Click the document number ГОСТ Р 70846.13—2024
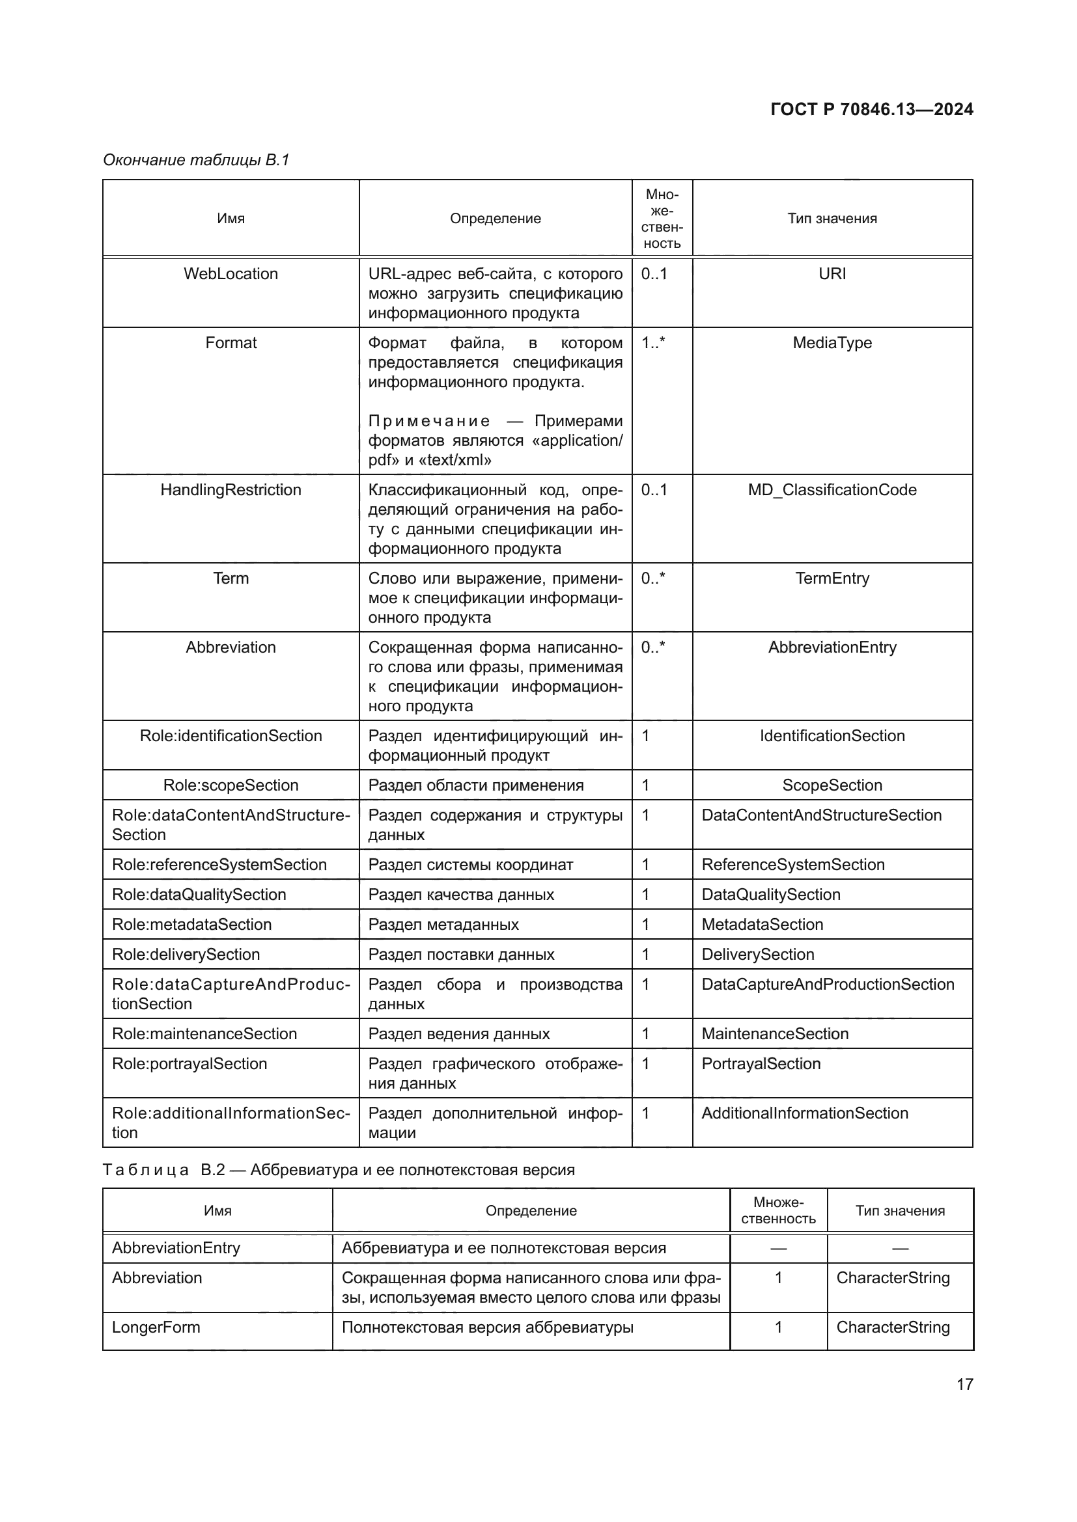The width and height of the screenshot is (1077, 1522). (x=871, y=109)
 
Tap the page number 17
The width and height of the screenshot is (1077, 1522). (x=965, y=1384)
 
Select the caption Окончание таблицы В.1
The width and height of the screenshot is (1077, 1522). (x=196, y=160)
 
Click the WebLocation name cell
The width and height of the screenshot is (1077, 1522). (x=231, y=274)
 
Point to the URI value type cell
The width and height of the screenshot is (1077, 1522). (x=832, y=274)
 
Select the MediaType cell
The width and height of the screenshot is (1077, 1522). (x=832, y=343)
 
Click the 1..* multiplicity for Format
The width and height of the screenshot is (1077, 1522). (x=652, y=343)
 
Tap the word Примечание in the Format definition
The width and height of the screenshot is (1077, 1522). (x=429, y=421)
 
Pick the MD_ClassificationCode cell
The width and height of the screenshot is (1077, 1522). (x=832, y=490)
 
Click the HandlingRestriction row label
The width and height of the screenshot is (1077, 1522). (x=231, y=490)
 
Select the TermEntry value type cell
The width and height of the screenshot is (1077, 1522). (x=832, y=578)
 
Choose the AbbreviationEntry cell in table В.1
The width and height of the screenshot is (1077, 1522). (x=832, y=647)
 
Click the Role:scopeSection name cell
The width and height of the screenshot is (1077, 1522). (x=231, y=785)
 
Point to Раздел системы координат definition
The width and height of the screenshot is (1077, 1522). (x=470, y=864)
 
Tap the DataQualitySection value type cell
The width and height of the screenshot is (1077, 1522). (x=770, y=894)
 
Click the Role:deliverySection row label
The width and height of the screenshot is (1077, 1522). (x=186, y=954)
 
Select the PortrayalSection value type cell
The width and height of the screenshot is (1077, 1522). (x=761, y=1063)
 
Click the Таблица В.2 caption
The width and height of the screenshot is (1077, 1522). (x=338, y=1169)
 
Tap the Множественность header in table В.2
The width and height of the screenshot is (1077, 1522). (x=778, y=1210)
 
